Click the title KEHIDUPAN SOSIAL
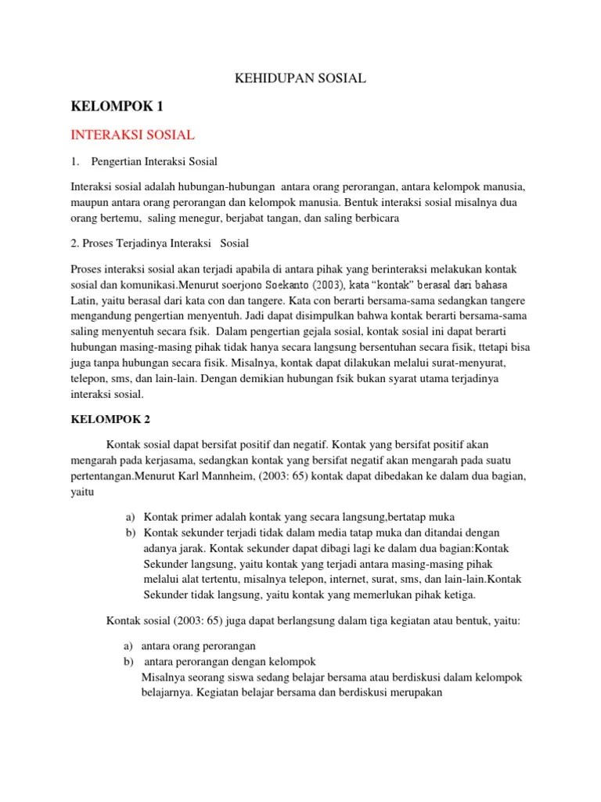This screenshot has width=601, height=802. tap(300, 78)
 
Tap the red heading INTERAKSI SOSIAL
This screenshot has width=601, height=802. tap(132, 135)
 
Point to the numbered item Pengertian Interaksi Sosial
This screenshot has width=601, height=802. tap(154, 161)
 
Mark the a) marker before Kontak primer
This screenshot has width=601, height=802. tap(130, 518)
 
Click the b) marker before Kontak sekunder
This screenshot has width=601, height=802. tap(130, 533)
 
